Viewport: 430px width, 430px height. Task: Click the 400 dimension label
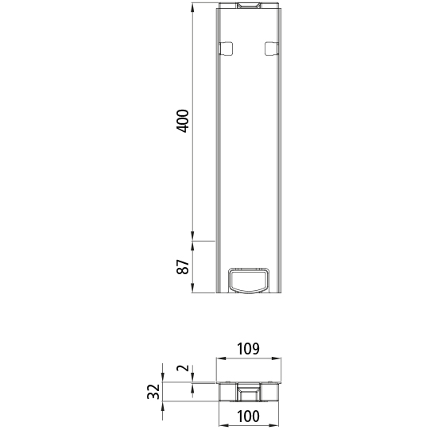coord(183,121)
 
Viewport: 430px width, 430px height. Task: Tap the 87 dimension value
coord(183,267)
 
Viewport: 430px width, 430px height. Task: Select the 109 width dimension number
coord(249,348)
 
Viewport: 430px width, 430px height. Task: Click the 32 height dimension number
coord(153,391)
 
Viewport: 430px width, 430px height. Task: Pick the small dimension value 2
coord(182,369)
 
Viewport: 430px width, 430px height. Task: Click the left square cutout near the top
coord(226,48)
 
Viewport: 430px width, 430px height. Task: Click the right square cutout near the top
coord(271,48)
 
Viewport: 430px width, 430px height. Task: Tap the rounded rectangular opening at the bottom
coord(249,280)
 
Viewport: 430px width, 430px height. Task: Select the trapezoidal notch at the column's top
coord(249,7)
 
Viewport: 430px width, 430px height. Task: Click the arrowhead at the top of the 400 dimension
coord(193,10)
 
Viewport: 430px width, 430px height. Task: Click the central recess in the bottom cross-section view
coord(249,392)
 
